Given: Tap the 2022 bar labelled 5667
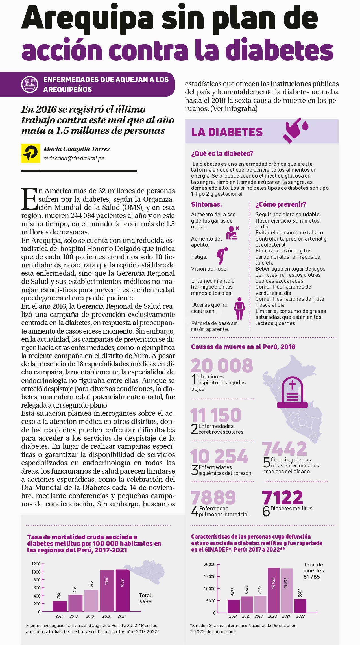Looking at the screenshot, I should tap(300, 606).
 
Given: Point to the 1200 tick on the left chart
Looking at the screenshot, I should tap(36, 564).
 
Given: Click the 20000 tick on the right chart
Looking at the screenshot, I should tap(210, 565).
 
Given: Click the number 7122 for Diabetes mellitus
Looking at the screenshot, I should tap(282, 498).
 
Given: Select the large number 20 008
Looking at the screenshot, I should tap(222, 365).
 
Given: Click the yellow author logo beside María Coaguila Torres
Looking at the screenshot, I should tap(30, 153).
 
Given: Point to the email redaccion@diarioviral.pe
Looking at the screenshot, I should tap(74, 158).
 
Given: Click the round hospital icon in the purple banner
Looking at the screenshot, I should tap(30, 84).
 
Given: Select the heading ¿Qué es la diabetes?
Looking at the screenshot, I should tap(222, 154).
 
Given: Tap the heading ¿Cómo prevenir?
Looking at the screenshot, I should tap(281, 204).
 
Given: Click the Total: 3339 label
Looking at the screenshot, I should tap(145, 598).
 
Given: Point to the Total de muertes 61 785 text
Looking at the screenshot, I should tap(313, 570).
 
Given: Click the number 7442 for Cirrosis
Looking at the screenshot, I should tap(284, 448).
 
